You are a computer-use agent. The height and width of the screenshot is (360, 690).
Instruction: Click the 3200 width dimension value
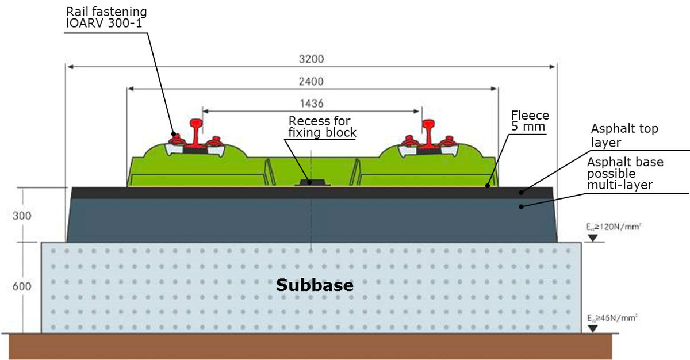click(x=311, y=59)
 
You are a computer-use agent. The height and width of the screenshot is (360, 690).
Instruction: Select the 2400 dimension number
click(x=311, y=81)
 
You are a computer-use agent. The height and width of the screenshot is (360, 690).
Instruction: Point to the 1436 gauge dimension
click(x=311, y=104)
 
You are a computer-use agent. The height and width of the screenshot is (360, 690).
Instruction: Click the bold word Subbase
click(x=315, y=285)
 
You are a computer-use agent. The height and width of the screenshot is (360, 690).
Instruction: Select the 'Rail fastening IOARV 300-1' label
click(x=106, y=17)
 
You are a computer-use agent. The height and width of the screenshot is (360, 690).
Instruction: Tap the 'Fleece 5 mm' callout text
click(x=530, y=121)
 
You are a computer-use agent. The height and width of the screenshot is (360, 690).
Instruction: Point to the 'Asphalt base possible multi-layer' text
click(x=625, y=173)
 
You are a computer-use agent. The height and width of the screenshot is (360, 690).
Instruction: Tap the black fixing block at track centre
click(x=311, y=182)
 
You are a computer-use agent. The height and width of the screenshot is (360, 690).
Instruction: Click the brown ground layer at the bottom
click(x=310, y=346)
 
